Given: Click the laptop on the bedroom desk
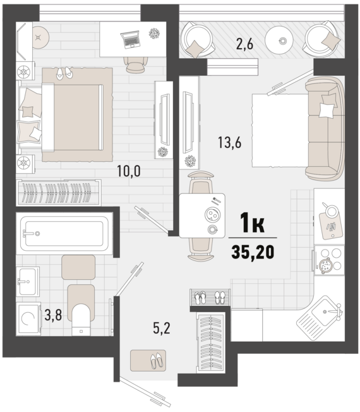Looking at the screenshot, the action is [130, 39].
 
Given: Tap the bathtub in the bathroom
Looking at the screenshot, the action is [64, 233].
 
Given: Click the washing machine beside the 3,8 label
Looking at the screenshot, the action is [28, 318].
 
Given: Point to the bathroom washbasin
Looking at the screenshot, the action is [28, 281].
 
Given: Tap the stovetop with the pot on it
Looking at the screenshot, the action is [330, 260].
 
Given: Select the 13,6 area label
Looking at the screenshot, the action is [229, 143].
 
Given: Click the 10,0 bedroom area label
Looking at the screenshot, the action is [129, 171].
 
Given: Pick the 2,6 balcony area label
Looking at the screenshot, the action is [244, 44].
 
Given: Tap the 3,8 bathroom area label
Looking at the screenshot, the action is [53, 315].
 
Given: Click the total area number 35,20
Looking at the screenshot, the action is [253, 251].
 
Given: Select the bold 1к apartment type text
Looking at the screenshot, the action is [253, 222].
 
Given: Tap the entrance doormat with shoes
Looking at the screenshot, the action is [148, 360].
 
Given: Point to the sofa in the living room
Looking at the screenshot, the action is [325, 129].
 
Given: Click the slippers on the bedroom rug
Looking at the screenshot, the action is [64, 73].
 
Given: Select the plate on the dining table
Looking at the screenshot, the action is [212, 215].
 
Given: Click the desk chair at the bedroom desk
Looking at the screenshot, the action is [135, 64].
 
